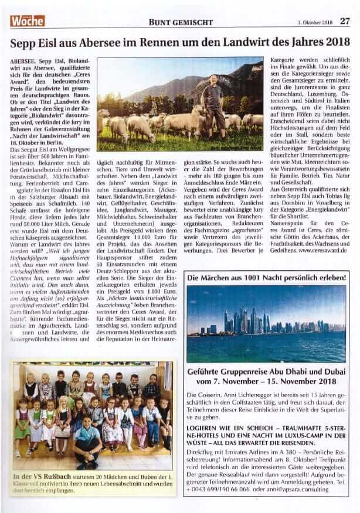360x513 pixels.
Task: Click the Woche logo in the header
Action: coord(27,21)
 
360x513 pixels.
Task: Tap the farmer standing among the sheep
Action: coord(212,103)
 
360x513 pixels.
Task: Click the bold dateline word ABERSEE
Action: coord(25,61)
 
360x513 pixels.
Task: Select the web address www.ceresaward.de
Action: coord(317,249)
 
